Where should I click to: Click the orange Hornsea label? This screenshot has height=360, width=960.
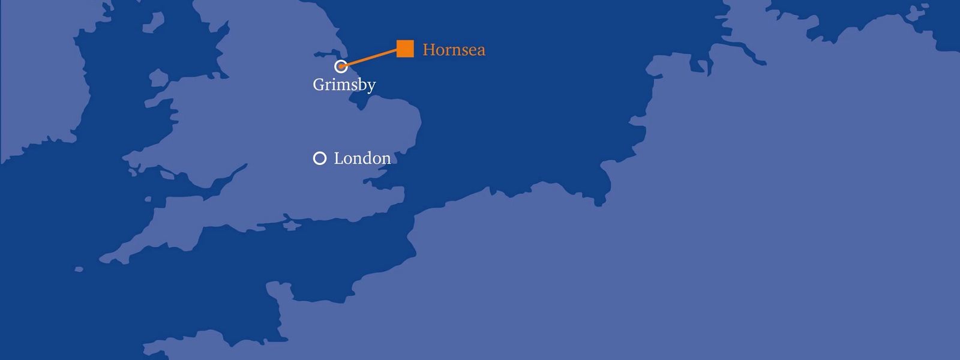pyautogui.click(x=454, y=49)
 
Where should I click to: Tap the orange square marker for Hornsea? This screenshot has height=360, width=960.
pyautogui.click(x=405, y=49)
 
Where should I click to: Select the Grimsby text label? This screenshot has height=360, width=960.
pyautogui.click(x=344, y=85)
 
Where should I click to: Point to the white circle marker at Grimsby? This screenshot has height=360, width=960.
pyautogui.click(x=341, y=66)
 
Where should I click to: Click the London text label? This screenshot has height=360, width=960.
pyautogui.click(x=362, y=158)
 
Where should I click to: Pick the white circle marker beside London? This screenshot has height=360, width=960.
pyautogui.click(x=320, y=158)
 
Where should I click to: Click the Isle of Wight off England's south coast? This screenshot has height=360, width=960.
pyautogui.click(x=291, y=226)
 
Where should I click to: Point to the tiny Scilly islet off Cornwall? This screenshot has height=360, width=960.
pyautogui.click(x=79, y=269)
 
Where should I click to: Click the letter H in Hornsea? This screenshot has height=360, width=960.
pyautogui.click(x=429, y=49)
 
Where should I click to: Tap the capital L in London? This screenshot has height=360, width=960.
pyautogui.click(x=338, y=158)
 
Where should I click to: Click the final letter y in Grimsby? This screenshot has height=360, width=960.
pyautogui.click(x=371, y=86)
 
